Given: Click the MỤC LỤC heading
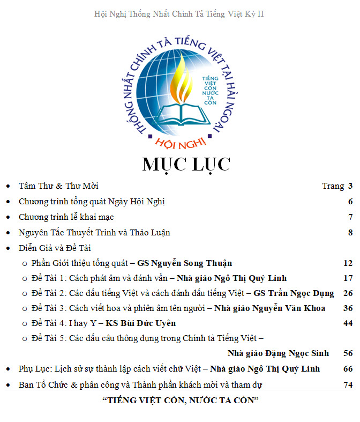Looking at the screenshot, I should pyautogui.click(x=186, y=165).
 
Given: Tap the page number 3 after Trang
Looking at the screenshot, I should pyautogui.click(x=350, y=186).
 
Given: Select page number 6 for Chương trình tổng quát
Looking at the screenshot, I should pyautogui.click(x=350, y=202).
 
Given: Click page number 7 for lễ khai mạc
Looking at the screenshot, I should pyautogui.click(x=350, y=217).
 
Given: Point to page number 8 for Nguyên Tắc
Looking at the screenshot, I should pyautogui.click(x=350, y=233).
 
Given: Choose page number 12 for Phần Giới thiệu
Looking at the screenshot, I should pyautogui.click(x=348, y=263).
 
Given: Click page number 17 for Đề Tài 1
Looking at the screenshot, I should pyautogui.click(x=348, y=278).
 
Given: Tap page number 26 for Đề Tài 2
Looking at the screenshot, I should pyautogui.click(x=348, y=293).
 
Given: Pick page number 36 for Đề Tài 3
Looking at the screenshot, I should pyautogui.click(x=348, y=308).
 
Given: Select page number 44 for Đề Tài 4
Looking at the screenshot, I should pyautogui.click(x=348, y=323).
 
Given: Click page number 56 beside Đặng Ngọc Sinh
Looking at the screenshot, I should pyautogui.click(x=348, y=353).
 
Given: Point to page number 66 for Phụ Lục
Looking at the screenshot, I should pyautogui.click(x=348, y=369).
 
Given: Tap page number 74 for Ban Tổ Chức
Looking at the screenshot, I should pyautogui.click(x=348, y=385).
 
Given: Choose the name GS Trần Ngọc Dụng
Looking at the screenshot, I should pyautogui.click(x=294, y=293).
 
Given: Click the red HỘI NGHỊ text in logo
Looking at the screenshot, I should pyautogui.click(x=180, y=143).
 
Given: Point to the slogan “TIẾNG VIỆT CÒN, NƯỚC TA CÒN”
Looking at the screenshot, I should pyautogui.click(x=181, y=401).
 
